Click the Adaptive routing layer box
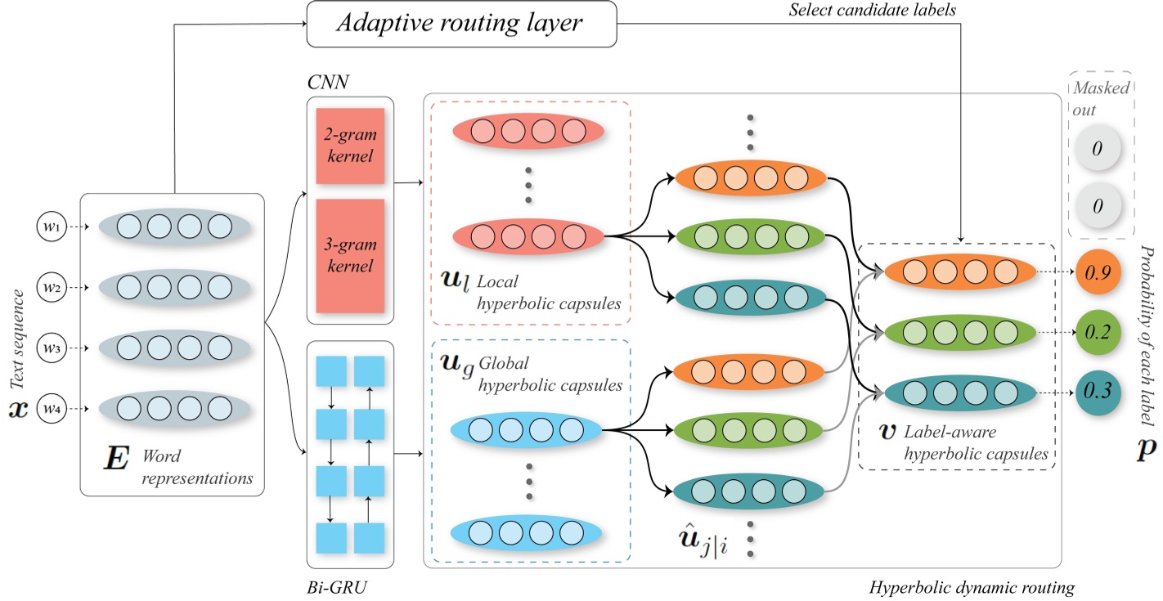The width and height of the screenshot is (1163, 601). tap(460, 24)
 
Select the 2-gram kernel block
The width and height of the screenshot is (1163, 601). tap(350, 146)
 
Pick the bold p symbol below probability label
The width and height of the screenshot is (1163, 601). tap(1147, 451)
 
